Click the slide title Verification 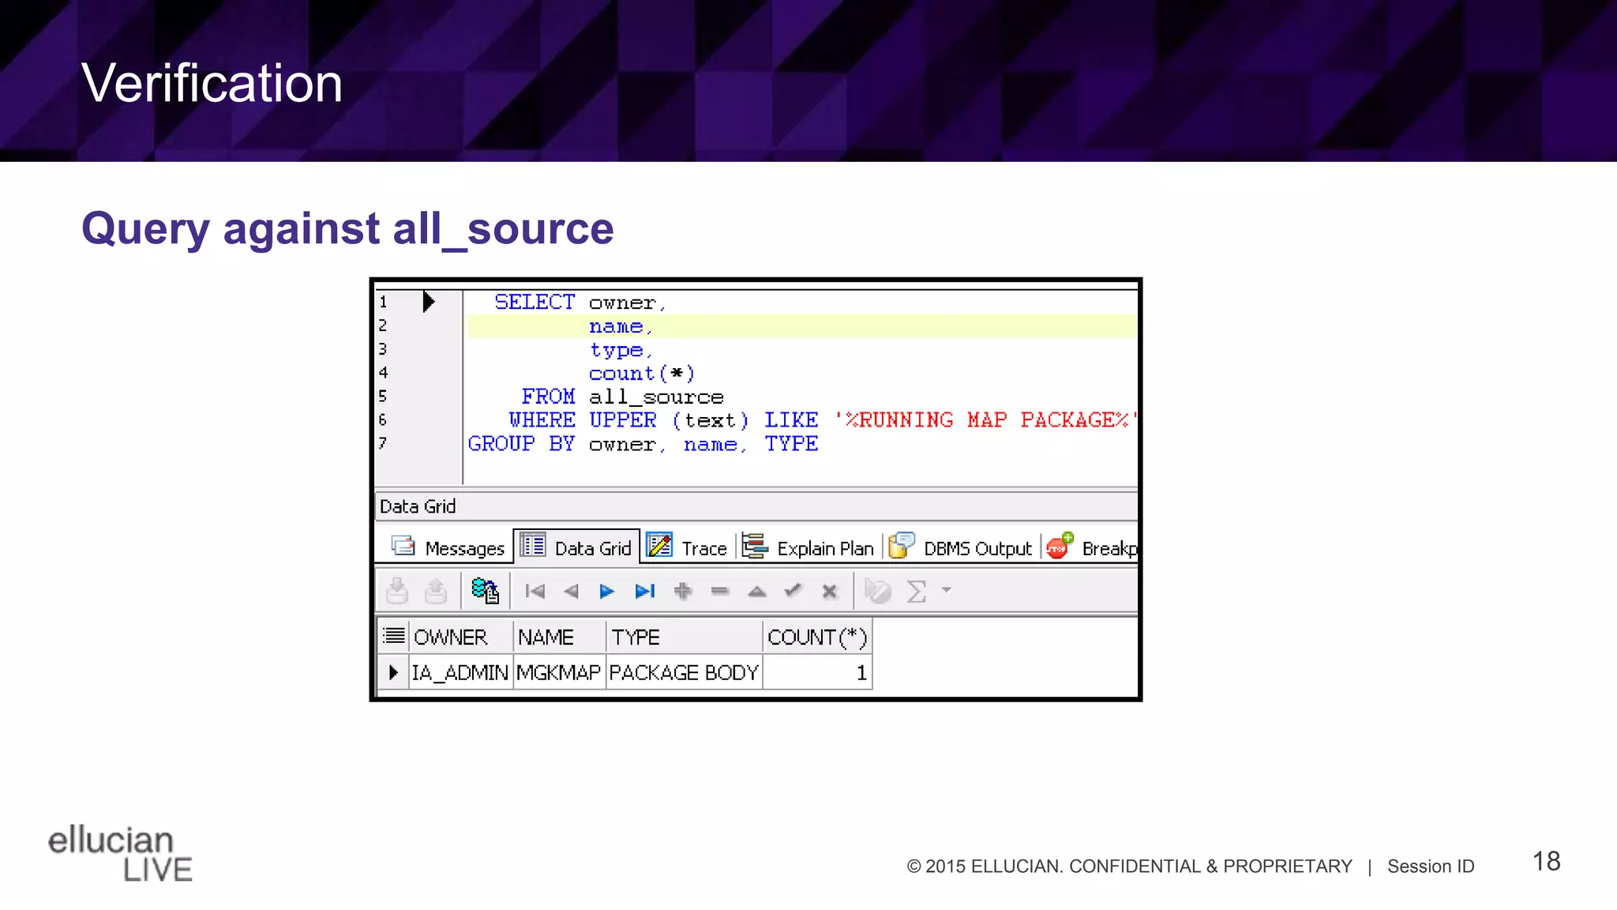(212, 83)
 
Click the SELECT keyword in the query (535, 303)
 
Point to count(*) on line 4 (641, 374)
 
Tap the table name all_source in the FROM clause (656, 397)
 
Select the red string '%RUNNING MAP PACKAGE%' (986, 420)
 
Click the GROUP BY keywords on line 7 (521, 444)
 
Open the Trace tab (688, 547)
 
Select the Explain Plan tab (808, 547)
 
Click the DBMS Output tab (961, 547)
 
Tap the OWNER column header (450, 637)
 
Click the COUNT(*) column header (816, 637)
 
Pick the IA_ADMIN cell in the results (460, 673)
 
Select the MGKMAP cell (558, 673)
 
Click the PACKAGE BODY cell (683, 673)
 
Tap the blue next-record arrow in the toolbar (606, 591)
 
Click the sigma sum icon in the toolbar (916, 591)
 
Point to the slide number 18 (1546, 861)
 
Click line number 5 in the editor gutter (383, 397)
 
